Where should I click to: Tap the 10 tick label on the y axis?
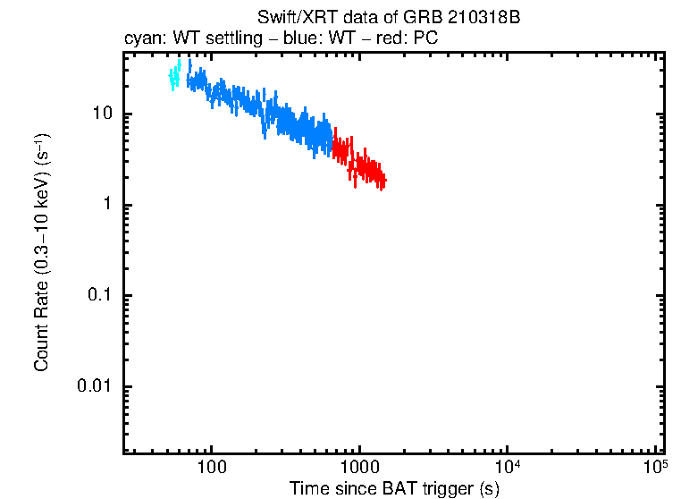coord(101,114)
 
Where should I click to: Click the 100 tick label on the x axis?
coord(212,468)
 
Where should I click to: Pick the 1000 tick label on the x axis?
coord(359,468)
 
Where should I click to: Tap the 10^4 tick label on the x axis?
coord(507,466)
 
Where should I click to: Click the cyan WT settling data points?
coord(174,79)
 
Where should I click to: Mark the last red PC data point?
coord(384,181)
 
